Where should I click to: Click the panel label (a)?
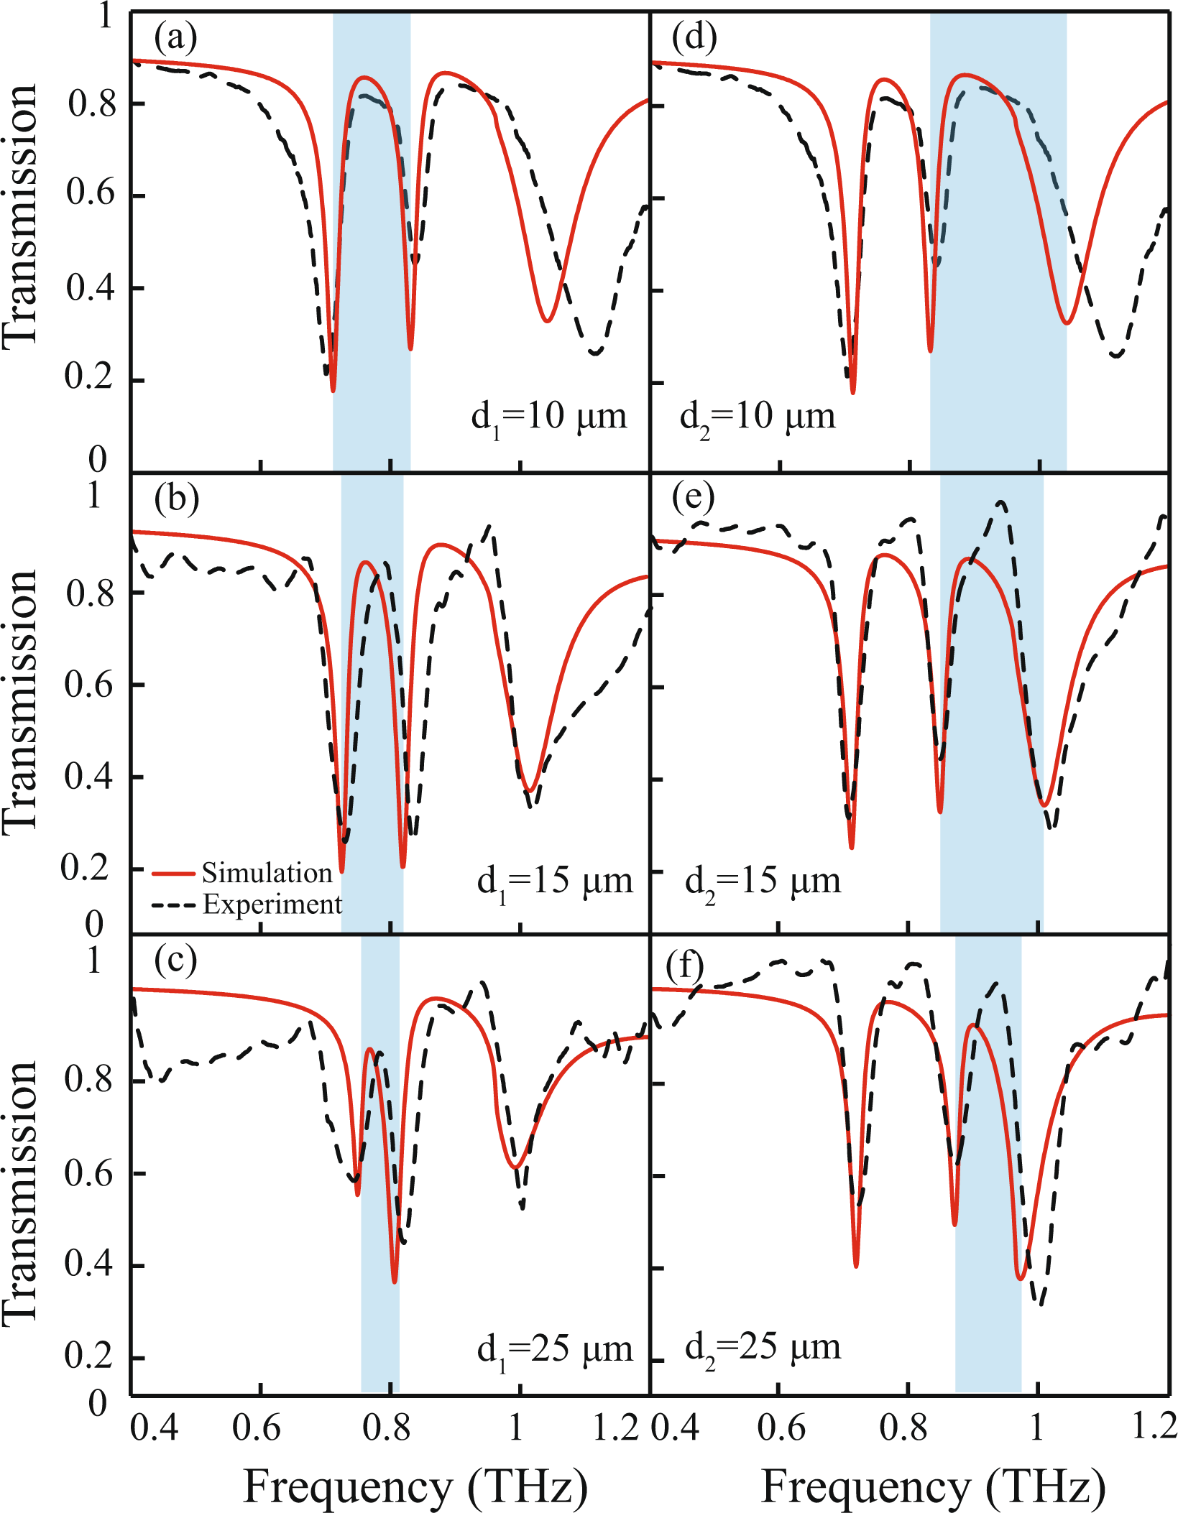pyautogui.click(x=175, y=37)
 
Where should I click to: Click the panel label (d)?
pyautogui.click(x=694, y=37)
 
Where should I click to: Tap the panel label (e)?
pyautogui.click(x=693, y=498)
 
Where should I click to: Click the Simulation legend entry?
pyautogui.click(x=267, y=873)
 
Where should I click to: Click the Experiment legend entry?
pyautogui.click(x=272, y=904)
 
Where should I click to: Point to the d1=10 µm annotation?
pyautogui.click(x=548, y=417)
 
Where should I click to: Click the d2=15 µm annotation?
pyautogui.click(x=763, y=881)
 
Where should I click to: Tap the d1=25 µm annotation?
pyautogui.click(x=554, y=1350)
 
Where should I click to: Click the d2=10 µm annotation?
pyautogui.click(x=758, y=417)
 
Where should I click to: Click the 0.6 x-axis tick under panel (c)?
pyautogui.click(x=257, y=1428)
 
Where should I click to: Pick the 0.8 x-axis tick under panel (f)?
pyautogui.click(x=904, y=1428)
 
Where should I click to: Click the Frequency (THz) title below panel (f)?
pyautogui.click(x=932, y=1486)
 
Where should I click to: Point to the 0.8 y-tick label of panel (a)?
pyautogui.click(x=91, y=104)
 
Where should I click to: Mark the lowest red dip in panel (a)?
pyautogui.click(x=333, y=390)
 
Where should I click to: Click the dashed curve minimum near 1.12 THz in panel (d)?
pyautogui.click(x=1115, y=355)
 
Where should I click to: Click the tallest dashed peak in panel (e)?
pyautogui.click(x=1001, y=503)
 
